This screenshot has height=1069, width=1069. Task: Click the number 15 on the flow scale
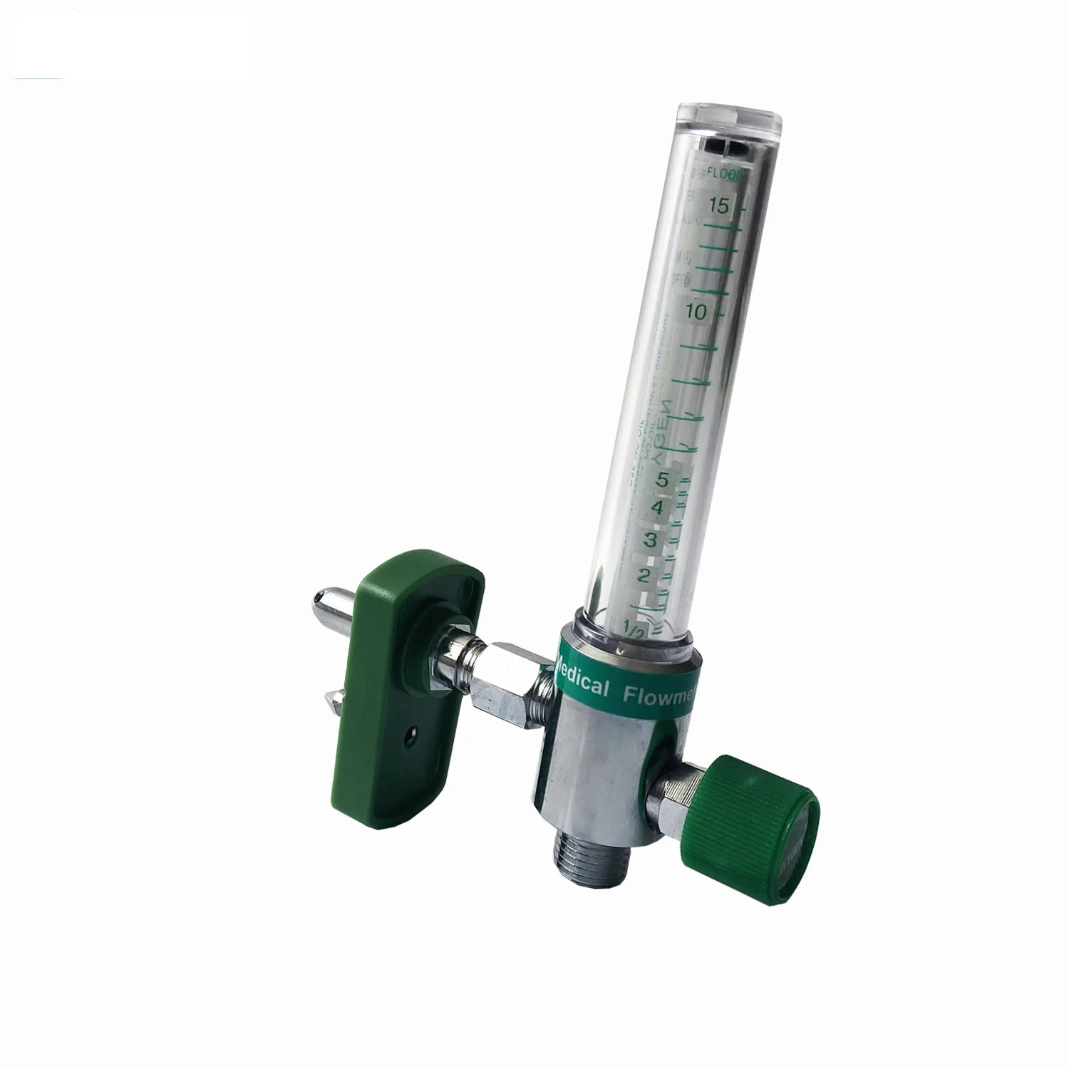tap(718, 206)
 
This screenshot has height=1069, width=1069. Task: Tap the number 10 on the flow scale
tap(697, 311)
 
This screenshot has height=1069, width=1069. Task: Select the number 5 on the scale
tap(662, 480)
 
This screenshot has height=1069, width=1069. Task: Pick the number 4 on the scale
tap(658, 508)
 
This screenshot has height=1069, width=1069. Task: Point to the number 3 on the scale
tap(650, 539)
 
